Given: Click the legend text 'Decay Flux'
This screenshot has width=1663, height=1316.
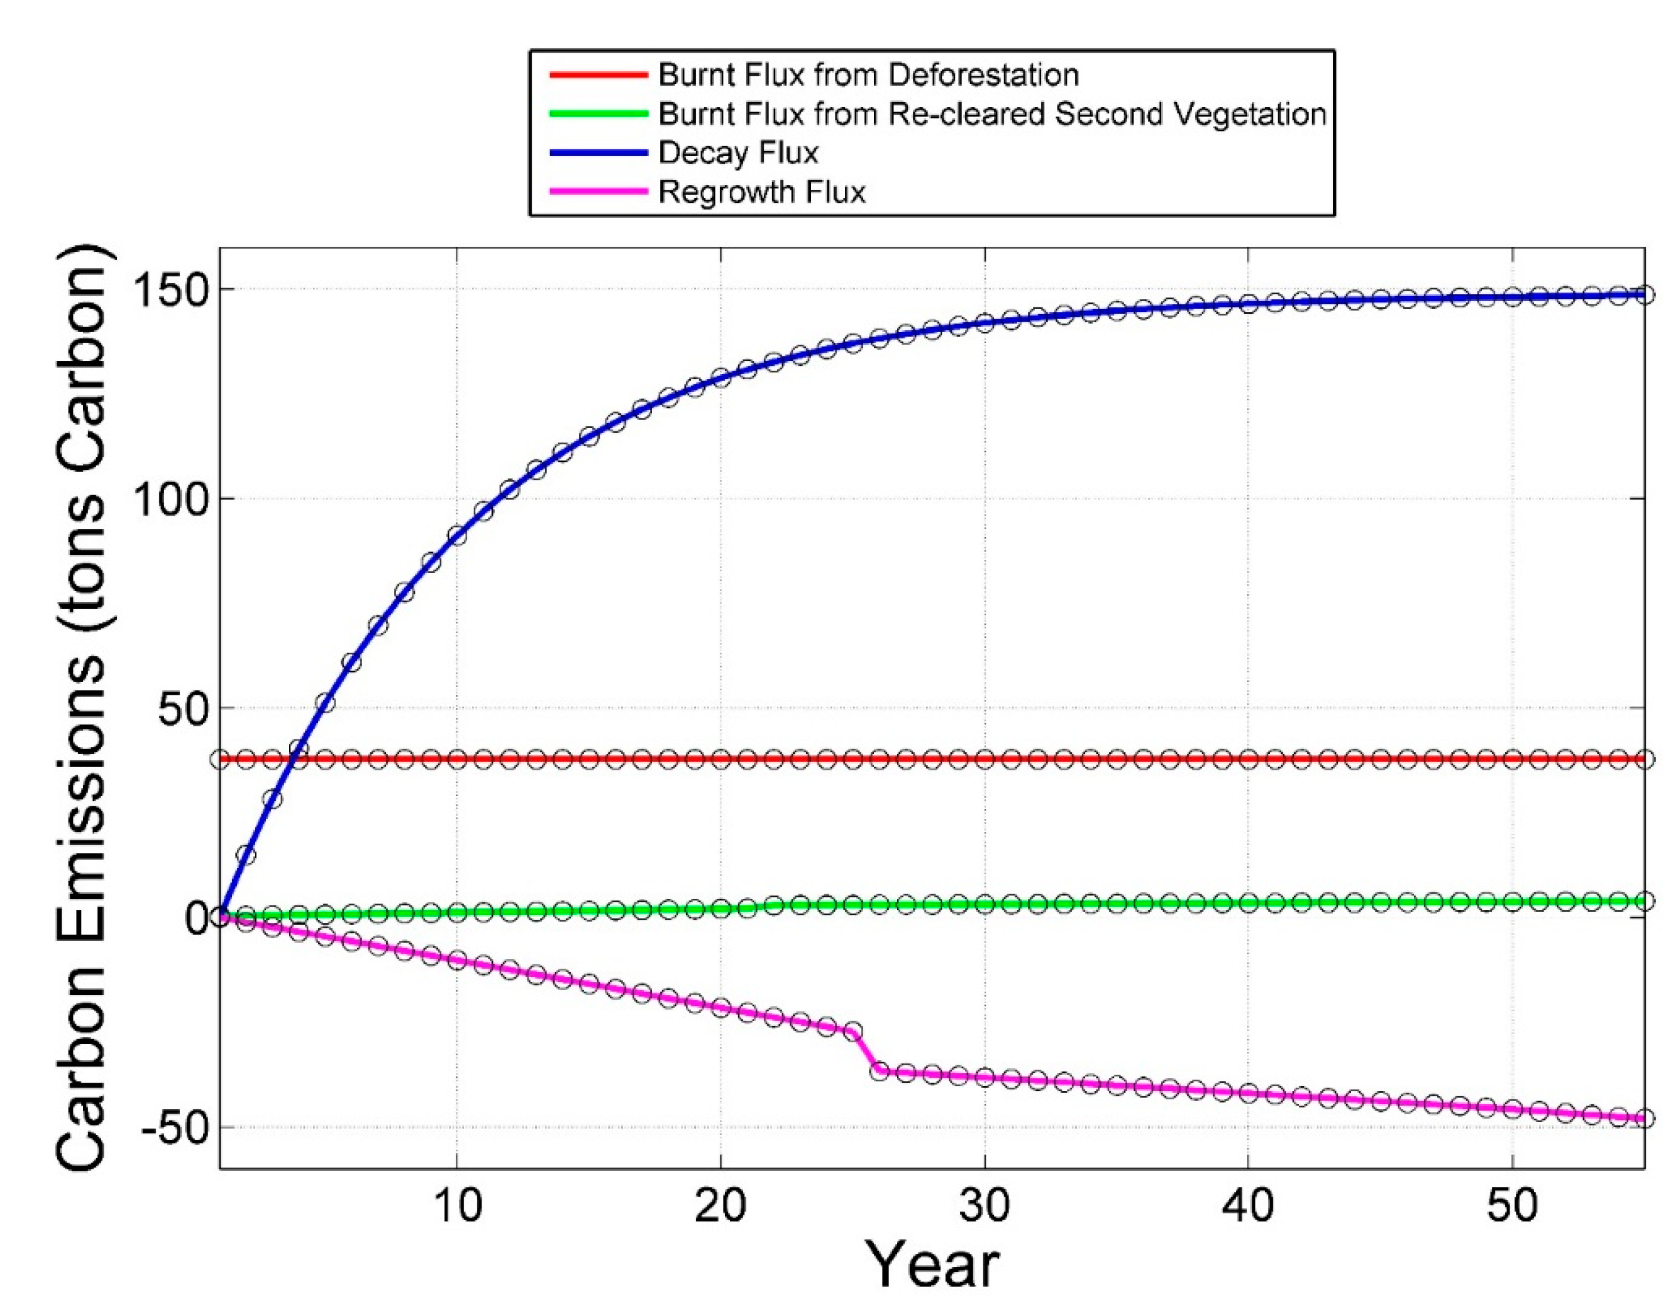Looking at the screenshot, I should (x=737, y=153).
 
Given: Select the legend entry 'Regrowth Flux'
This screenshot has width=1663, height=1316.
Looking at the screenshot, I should (x=761, y=192).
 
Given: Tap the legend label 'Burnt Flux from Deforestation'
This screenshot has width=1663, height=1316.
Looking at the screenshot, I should (x=868, y=75).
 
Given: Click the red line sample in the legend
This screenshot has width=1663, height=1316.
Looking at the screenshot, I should (x=598, y=75).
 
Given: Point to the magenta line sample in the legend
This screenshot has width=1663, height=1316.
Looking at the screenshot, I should (x=598, y=192).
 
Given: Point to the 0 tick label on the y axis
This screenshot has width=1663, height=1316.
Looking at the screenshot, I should (x=196, y=918).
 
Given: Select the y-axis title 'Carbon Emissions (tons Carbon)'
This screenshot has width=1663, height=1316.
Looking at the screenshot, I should (x=81, y=709).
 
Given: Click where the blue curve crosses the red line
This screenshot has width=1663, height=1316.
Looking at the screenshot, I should (x=294, y=759).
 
